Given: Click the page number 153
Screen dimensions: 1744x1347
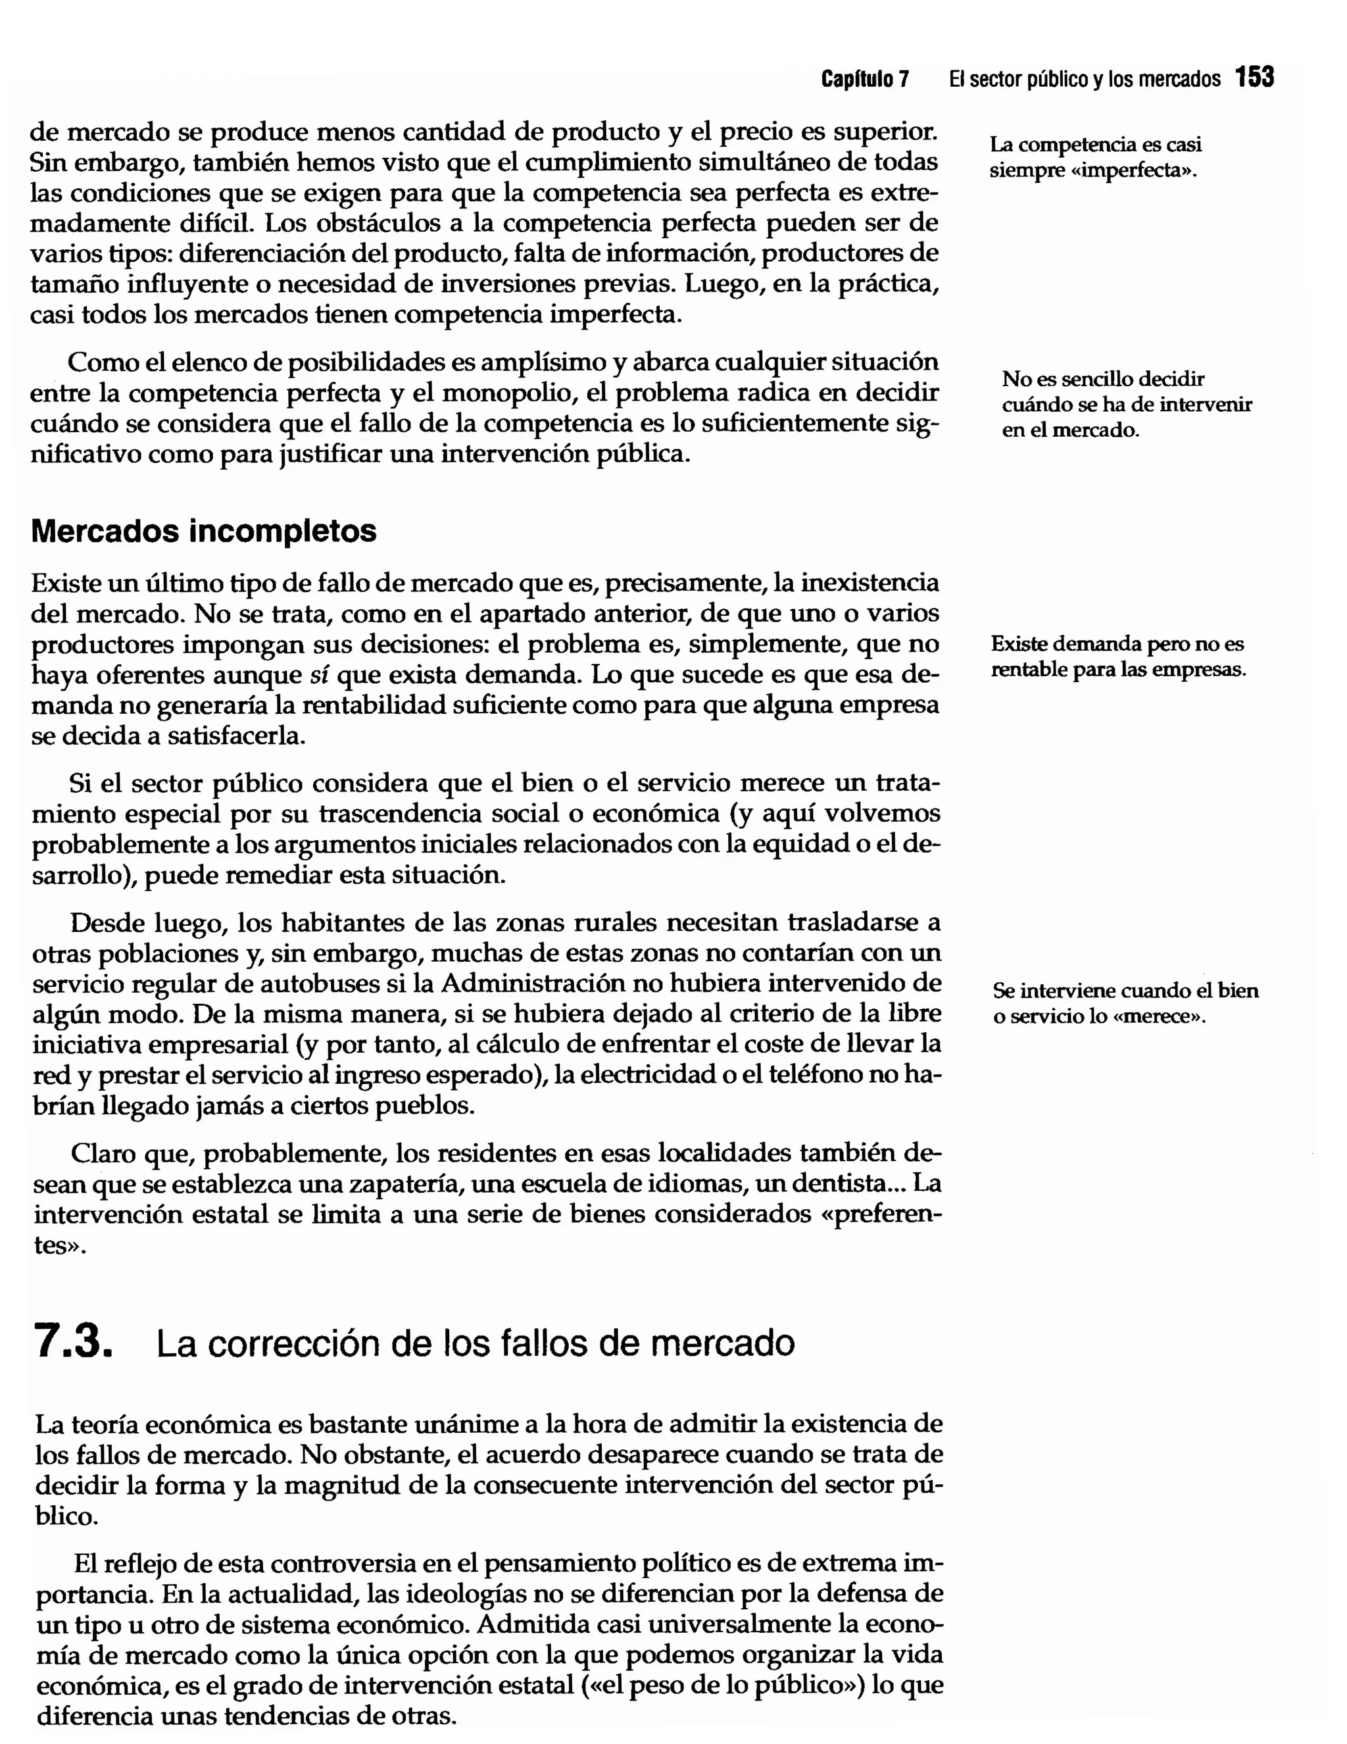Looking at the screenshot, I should click(1254, 78).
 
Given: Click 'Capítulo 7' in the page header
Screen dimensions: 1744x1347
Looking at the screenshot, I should click(865, 79).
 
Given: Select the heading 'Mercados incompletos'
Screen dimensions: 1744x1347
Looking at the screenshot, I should click(204, 531).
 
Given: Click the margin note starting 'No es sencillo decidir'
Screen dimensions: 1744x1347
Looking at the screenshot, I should click(1126, 404).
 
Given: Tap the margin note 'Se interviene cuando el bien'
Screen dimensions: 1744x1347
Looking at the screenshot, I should click(1125, 1003).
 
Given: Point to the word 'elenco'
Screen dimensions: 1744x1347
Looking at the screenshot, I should click(209, 362).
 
